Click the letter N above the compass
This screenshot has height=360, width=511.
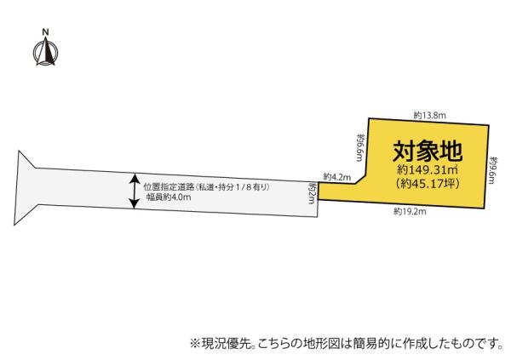tap(46, 32)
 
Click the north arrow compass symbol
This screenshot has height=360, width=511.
tap(46, 51)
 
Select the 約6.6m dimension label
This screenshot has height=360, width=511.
tap(360, 147)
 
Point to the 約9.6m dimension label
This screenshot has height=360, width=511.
tap(493, 169)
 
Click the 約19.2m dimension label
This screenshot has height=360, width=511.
tap(410, 212)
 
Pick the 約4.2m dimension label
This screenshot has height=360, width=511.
tap(337, 177)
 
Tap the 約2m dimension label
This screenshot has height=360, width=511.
tap(313, 193)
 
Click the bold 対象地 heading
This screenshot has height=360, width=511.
tap(428, 151)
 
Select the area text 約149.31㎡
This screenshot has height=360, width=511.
tap(428, 169)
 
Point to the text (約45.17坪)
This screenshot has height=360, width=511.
tap(428, 184)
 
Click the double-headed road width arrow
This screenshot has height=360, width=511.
tap(134, 191)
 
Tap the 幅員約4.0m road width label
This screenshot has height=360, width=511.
tap(168, 197)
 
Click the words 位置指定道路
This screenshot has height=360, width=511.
tap(169, 187)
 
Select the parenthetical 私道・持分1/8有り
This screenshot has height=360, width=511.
tap(232, 187)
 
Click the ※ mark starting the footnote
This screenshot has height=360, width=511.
tap(194, 343)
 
